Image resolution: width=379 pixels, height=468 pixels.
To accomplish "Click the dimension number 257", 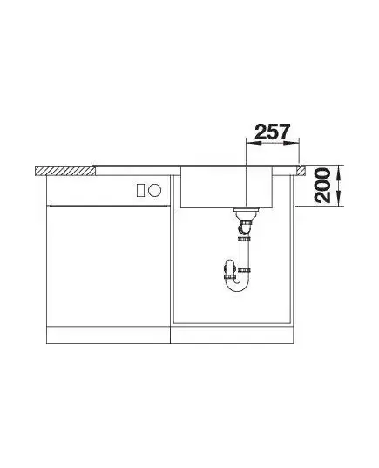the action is click(273, 132).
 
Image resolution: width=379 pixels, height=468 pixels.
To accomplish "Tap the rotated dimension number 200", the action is click(323, 186).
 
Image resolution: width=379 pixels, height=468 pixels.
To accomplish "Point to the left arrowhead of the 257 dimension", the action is click(253, 143).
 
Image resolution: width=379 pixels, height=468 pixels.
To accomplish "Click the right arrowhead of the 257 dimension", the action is click(291, 143).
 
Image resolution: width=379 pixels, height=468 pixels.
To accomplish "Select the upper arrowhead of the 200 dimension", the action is click(338, 173).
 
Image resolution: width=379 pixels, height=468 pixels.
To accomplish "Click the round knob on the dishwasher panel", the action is click(155, 190).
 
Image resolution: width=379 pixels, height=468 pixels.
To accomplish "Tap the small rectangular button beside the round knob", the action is click(141, 190).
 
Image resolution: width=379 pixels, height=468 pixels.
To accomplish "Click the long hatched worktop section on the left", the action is click(65, 171).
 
